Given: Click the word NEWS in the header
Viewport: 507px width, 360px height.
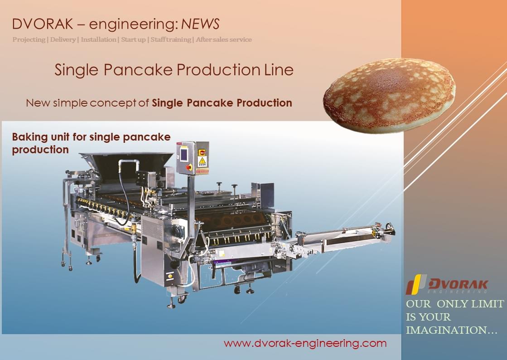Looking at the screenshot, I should (x=200, y=24).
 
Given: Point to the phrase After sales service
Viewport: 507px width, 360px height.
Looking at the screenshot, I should (x=224, y=39).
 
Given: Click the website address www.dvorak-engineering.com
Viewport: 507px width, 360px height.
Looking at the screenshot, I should (x=305, y=343).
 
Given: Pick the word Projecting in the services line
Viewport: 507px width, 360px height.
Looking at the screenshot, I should (x=29, y=39).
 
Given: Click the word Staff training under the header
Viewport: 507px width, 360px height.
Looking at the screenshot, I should (x=171, y=39).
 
